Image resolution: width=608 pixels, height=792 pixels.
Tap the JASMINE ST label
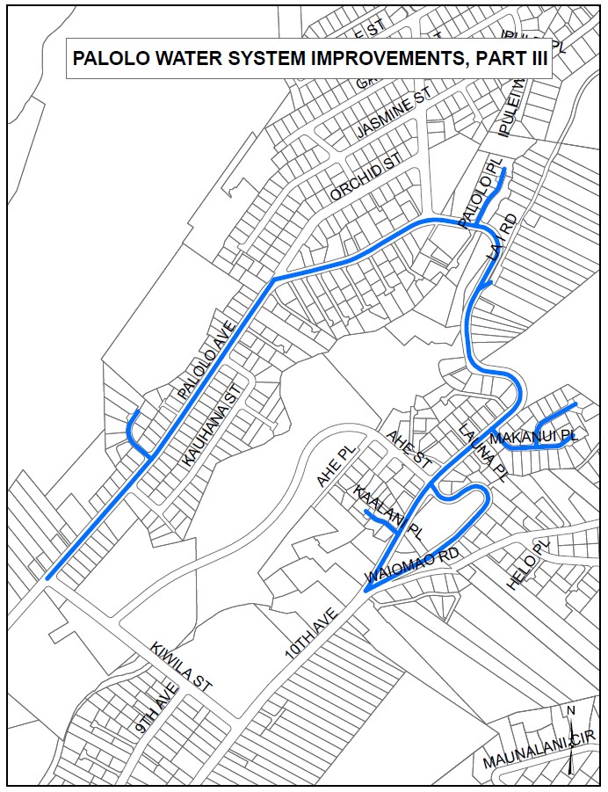pos(396,115)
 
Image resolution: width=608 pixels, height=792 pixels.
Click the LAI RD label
pos(496,236)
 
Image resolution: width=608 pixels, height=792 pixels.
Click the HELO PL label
pos(528,564)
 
